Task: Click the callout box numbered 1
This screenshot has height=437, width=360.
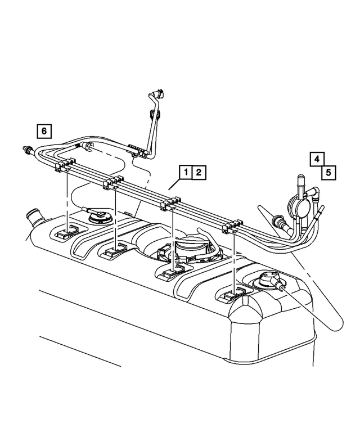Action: pos(186,172)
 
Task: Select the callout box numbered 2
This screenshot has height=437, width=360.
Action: pos(199,172)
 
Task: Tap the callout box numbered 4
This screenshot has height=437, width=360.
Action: pos(317,159)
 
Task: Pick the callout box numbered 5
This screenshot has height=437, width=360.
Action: pos(328,171)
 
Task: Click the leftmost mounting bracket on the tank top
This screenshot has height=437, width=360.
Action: pos(67,232)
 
